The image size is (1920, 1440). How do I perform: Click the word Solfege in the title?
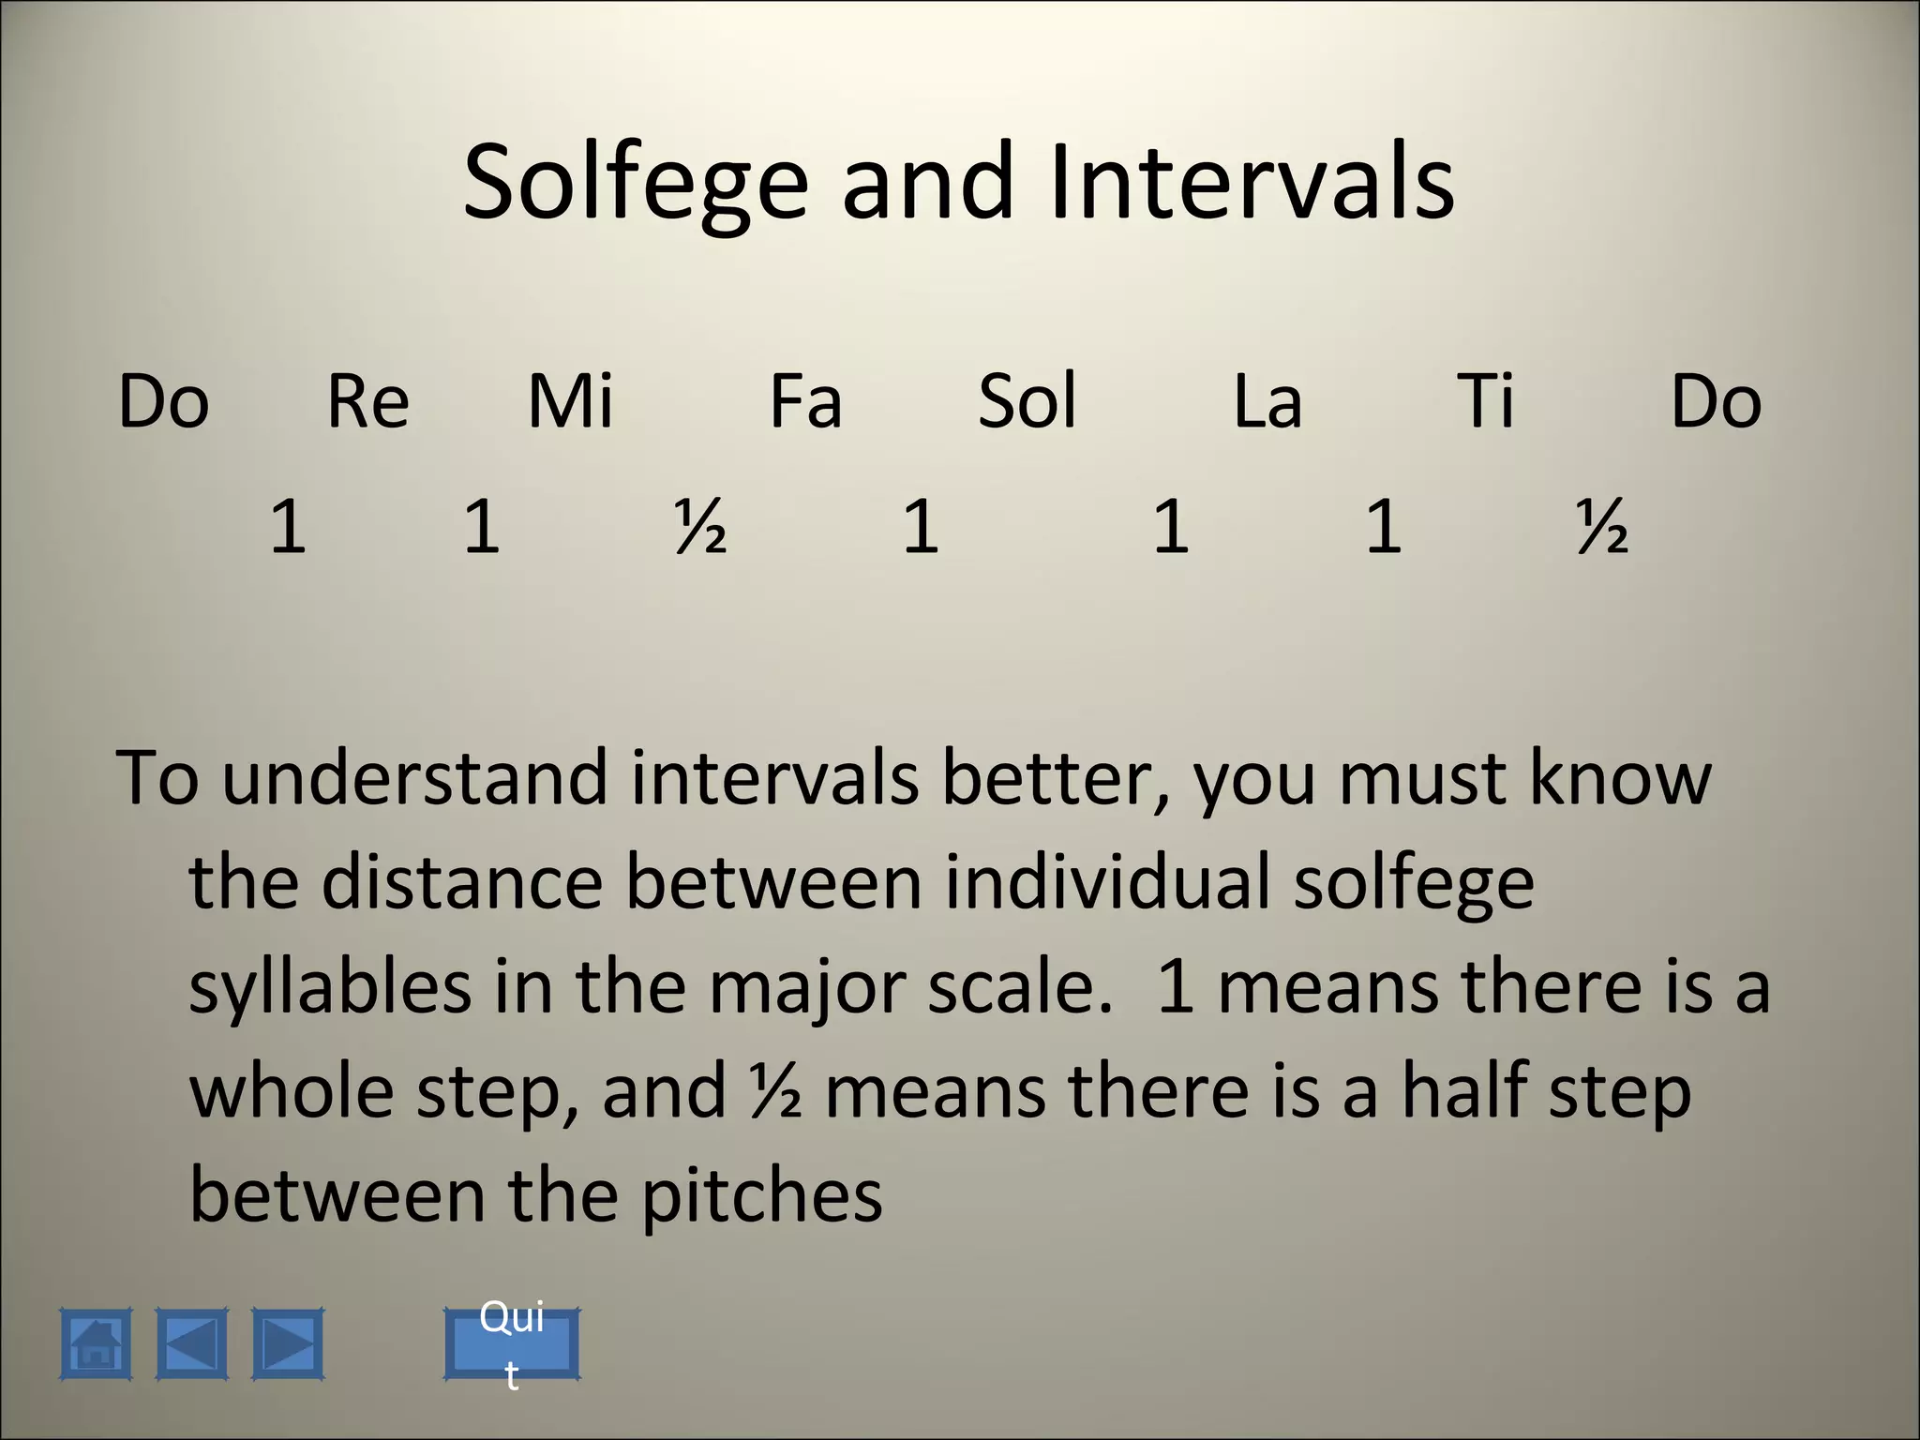click(x=635, y=183)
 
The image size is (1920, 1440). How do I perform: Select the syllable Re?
click(x=367, y=401)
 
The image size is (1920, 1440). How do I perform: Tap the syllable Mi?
click(x=570, y=401)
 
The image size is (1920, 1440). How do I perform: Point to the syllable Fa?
click(x=805, y=401)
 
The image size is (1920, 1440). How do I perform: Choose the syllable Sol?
click(x=1027, y=401)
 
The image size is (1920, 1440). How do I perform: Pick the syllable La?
click(x=1267, y=401)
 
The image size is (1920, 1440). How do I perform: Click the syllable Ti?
click(x=1486, y=401)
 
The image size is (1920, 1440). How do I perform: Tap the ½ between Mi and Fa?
click(x=700, y=527)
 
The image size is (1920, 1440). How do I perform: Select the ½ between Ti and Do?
click(x=1601, y=527)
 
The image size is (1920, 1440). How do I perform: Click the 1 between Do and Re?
click(x=288, y=527)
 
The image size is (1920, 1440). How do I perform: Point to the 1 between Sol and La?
click(x=1171, y=527)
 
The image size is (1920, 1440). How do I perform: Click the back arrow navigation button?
click(x=191, y=1343)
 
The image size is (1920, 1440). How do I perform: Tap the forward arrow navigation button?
click(x=288, y=1343)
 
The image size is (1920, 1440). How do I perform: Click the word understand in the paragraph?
click(x=414, y=778)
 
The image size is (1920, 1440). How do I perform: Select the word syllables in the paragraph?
click(x=330, y=988)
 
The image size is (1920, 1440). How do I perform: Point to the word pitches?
click(x=761, y=1198)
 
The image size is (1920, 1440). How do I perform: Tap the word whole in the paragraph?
click(x=292, y=1092)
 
